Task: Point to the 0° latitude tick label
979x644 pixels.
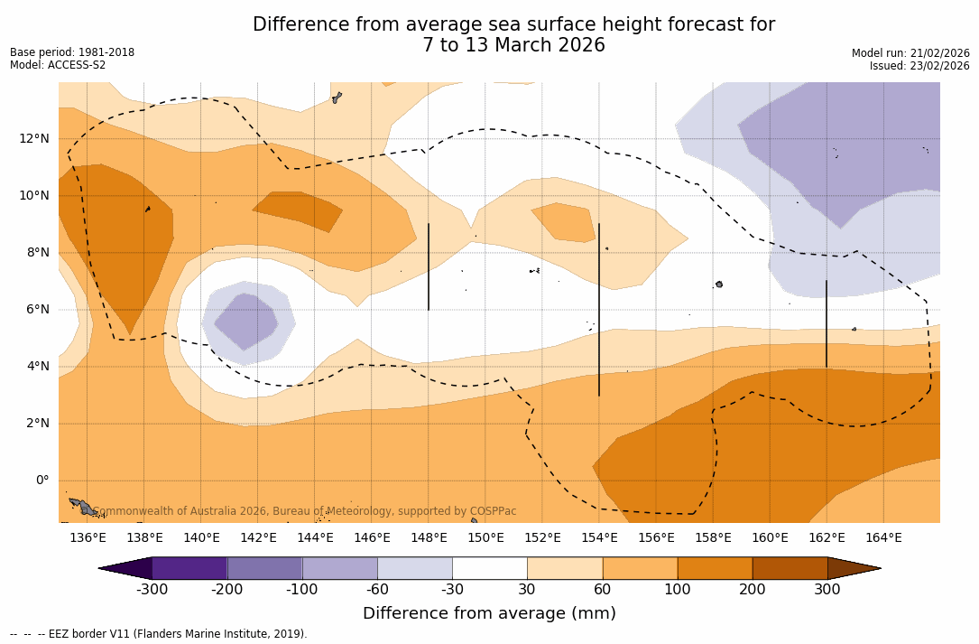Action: [x=42, y=481]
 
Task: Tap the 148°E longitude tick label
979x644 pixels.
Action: [x=429, y=537]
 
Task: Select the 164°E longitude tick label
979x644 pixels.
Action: [x=883, y=537]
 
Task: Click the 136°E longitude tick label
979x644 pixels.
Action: [x=88, y=537]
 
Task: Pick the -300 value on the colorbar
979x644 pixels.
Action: [x=152, y=590]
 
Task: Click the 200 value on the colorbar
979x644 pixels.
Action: [x=753, y=590]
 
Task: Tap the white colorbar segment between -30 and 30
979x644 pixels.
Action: [x=489, y=568]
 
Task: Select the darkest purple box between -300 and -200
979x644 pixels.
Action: [x=189, y=568]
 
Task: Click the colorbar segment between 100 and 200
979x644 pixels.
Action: [x=715, y=568]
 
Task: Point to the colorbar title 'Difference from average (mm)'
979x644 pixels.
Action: [x=489, y=614]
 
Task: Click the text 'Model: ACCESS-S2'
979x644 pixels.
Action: [x=58, y=65]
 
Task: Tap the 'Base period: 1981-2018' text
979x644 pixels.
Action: [x=72, y=52]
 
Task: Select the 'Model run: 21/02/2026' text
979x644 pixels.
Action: [x=910, y=53]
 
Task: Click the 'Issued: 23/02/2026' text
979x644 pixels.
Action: [x=919, y=66]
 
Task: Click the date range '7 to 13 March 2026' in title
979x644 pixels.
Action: [x=513, y=45]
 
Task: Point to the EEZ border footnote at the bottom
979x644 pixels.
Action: [x=159, y=634]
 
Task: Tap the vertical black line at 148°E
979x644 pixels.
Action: [x=429, y=266]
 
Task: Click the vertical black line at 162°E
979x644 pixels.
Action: [x=826, y=323]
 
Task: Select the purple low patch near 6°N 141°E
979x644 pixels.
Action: [x=246, y=322]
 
